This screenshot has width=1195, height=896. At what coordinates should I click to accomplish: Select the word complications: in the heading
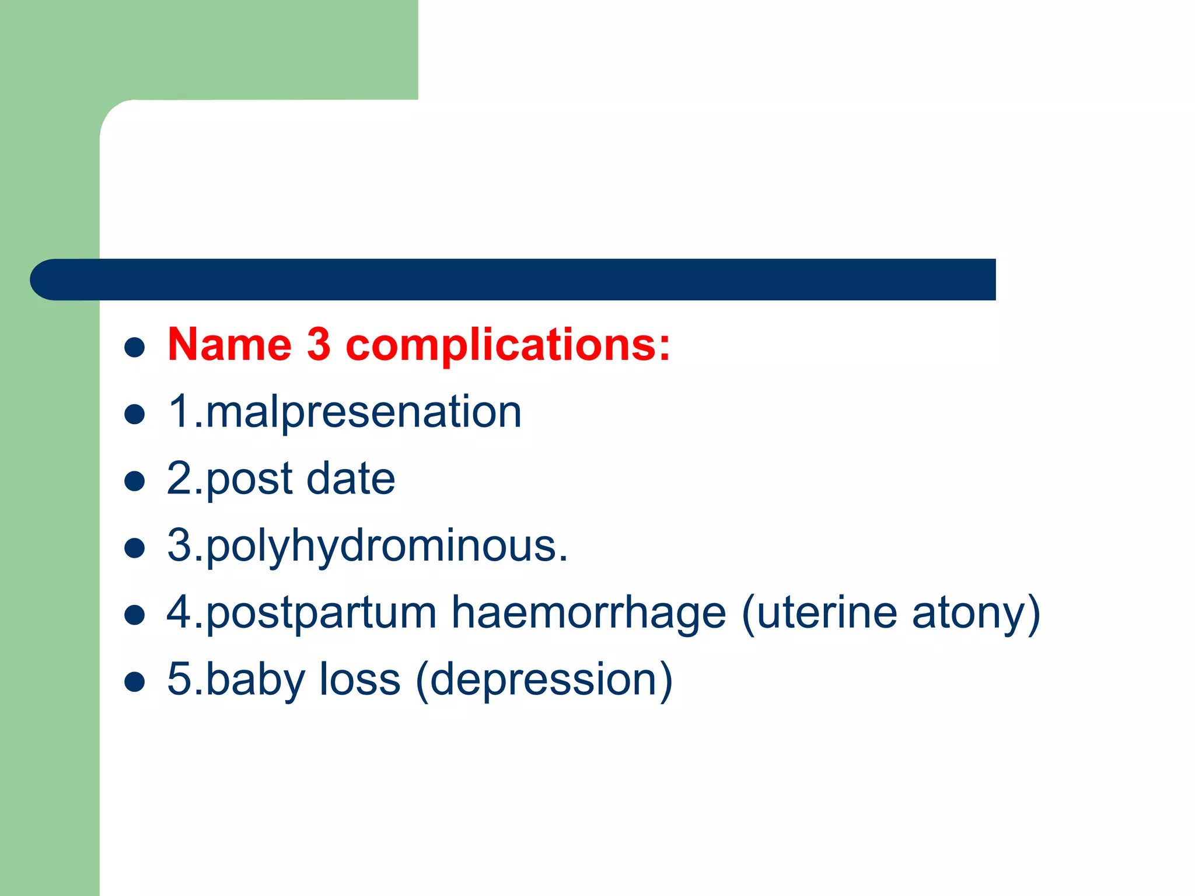pos(508,345)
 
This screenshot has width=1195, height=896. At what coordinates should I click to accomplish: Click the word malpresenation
pos(363,412)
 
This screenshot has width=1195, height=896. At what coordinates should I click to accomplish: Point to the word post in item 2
pos(250,480)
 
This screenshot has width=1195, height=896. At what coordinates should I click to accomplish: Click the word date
pos(351,478)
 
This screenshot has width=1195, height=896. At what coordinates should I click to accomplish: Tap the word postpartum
pos(321,614)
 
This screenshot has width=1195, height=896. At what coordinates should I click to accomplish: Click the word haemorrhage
pos(589,614)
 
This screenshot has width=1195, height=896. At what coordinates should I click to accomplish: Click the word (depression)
pos(544,680)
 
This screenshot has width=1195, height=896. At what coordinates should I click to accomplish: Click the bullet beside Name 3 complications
pos(135,348)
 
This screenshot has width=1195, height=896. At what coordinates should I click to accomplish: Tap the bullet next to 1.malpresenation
pos(135,415)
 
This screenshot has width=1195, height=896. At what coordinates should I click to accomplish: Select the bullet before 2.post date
pos(135,482)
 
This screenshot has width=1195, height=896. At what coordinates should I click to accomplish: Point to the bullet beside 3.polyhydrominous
pos(135,549)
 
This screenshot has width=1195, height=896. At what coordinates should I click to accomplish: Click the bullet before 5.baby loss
pos(135,682)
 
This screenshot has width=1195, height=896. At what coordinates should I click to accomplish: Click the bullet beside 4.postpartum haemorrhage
pos(135,615)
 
